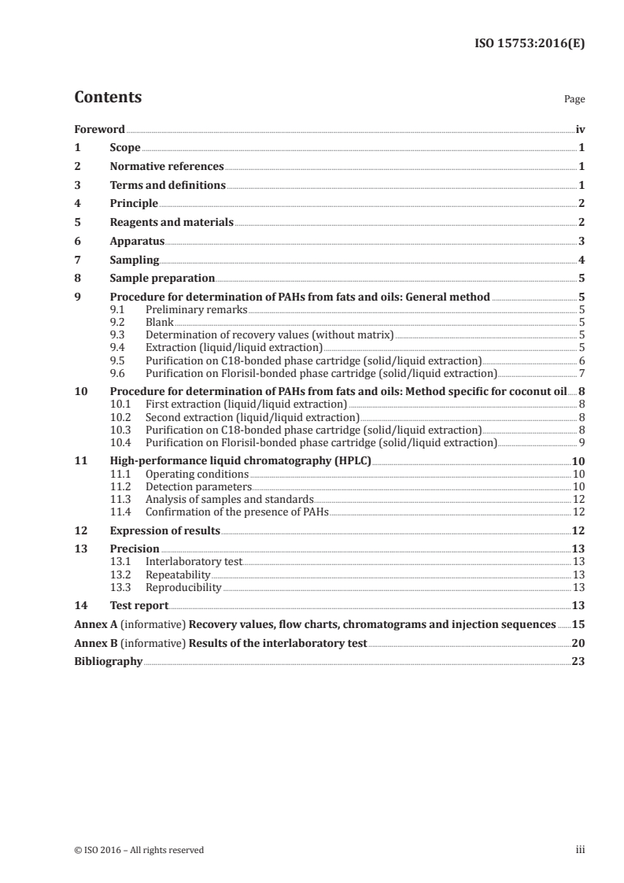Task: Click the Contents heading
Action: tap(108, 98)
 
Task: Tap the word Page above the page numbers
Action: tap(574, 100)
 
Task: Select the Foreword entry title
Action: tap(99, 129)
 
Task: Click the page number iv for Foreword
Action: tap(579, 129)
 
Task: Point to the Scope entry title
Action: tap(125, 148)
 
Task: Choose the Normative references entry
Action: tap(167, 167)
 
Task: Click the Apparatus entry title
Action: tap(137, 241)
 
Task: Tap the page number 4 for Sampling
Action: tap(581, 260)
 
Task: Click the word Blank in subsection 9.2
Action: tap(160, 322)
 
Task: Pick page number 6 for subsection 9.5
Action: tap(581, 360)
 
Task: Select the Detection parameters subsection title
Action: tap(197, 487)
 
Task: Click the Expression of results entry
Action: tap(165, 530)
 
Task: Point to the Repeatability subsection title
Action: tap(179, 574)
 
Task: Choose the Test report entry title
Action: tap(139, 605)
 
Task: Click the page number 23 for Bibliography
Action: tap(578, 662)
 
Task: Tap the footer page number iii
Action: tap(580, 850)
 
